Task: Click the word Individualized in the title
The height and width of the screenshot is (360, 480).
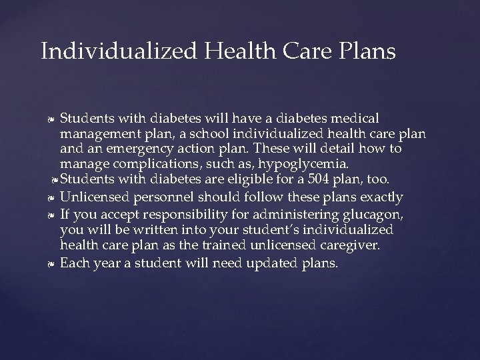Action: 107,51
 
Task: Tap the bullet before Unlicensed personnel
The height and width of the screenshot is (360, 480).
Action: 51,198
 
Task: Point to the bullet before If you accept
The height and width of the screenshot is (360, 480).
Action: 51,215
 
